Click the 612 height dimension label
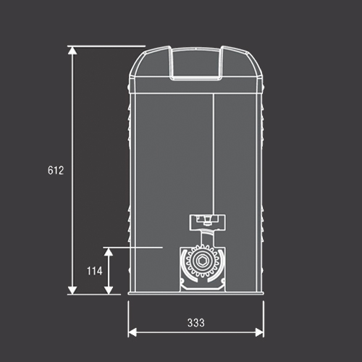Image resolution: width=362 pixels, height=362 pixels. pos(56,170)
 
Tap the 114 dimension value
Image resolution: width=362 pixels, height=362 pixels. pos(95,271)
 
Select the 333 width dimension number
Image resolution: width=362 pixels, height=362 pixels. pos(196,323)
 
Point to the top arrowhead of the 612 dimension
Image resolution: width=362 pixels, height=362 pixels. pos(72,51)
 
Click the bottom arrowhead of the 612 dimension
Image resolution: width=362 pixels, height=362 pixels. pos(72,290)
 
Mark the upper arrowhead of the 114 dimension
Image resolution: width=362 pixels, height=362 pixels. pos(109,252)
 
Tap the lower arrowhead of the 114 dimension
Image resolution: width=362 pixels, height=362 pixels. pos(109,290)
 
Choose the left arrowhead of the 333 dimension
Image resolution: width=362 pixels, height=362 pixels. pos(132,332)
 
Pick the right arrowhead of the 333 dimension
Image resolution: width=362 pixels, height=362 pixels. pos(259,332)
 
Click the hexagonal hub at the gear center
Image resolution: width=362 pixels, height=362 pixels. pos(201,261)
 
